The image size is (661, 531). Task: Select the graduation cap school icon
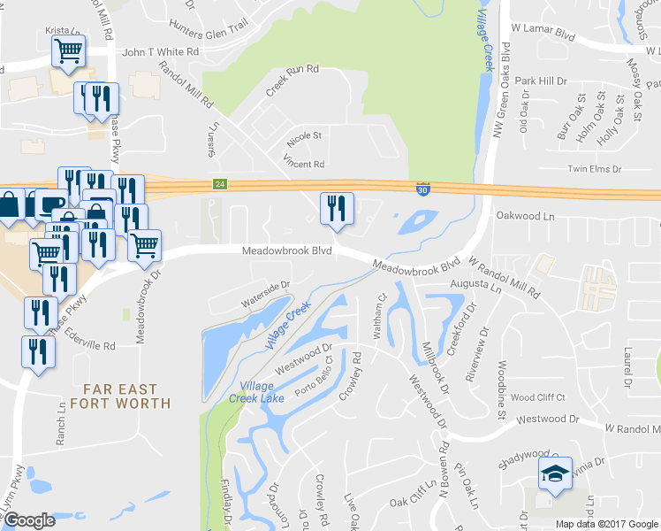555,474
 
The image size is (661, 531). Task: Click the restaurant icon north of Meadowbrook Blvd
336,209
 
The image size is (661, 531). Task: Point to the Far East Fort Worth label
127,396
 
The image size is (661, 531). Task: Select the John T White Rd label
160,52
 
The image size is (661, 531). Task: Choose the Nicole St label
304,137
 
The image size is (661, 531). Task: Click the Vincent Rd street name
303,164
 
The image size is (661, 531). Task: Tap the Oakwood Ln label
549,215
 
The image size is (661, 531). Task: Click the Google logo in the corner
29,520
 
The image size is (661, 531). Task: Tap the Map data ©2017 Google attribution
607,524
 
